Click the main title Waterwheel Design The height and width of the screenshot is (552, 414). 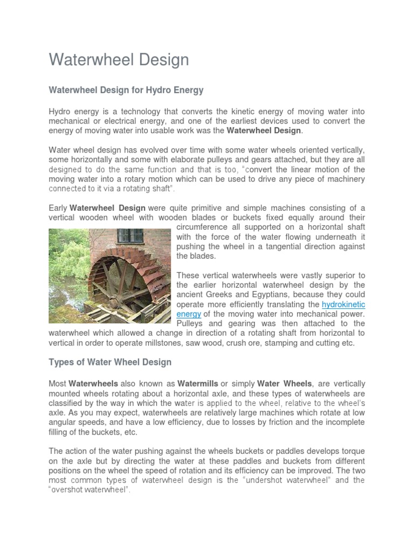pyautogui.click(x=119, y=59)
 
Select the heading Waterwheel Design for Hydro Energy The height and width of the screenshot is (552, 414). pyautogui.click(x=126, y=89)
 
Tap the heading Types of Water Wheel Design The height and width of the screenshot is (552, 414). pyautogui.click(x=110, y=362)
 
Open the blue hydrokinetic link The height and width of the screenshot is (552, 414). pyautogui.click(x=343, y=305)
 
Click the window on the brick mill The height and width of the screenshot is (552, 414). pyautogui.click(x=130, y=236)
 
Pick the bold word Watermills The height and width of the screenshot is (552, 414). pyautogui.click(x=198, y=384)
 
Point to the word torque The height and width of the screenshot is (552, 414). pyautogui.click(x=352, y=451)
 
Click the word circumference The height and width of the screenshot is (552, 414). pyautogui.click(x=204, y=227)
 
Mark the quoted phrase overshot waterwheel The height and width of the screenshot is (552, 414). pyautogui.click(x=89, y=491)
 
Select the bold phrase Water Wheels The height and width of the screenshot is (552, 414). pyautogui.click(x=284, y=384)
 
